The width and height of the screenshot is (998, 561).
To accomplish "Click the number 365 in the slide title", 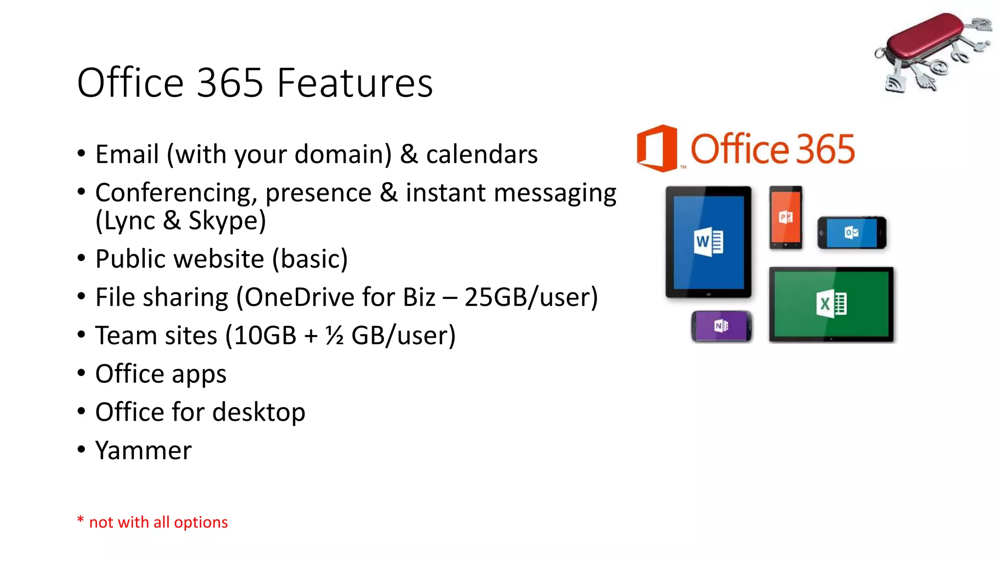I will tap(230, 83).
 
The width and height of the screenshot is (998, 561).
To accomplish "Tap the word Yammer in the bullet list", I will tap(143, 450).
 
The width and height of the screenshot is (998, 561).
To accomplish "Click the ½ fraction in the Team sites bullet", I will tap(334, 336).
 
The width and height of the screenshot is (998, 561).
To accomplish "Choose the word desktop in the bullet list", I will tap(259, 412).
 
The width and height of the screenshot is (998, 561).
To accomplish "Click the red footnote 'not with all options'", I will tap(158, 522).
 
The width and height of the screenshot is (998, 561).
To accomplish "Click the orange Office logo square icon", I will tap(657, 148).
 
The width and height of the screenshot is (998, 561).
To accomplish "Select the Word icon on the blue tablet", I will tap(709, 241).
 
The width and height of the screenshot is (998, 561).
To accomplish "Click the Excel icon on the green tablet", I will tap(831, 304).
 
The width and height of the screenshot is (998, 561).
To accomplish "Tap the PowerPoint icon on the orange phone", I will tap(786, 217).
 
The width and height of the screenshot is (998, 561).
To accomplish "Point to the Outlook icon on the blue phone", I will tap(851, 233).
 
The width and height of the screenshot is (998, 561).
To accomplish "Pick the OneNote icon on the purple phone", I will tap(721, 326).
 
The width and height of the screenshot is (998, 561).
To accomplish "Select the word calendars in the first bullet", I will tap(482, 154).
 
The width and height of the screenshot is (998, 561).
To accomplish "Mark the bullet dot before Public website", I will tap(81, 258).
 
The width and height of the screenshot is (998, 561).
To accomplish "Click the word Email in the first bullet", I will tap(127, 154).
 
